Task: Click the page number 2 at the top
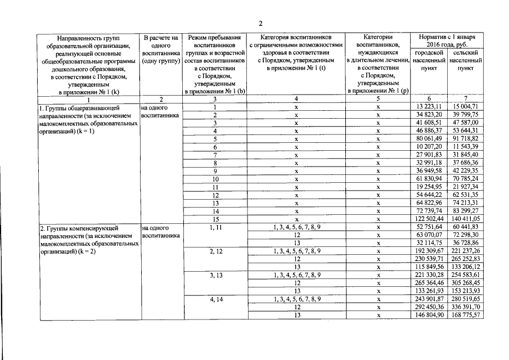(x=260, y=24)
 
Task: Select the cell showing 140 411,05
(x=464, y=218)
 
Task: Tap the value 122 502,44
(x=428, y=218)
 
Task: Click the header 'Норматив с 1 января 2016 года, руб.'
(x=447, y=40)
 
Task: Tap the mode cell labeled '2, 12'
(x=215, y=250)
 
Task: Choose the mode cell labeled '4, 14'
(x=215, y=299)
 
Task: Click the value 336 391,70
(x=464, y=307)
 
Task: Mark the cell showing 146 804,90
(x=428, y=316)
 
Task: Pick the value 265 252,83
(x=464, y=259)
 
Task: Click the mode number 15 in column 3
(x=215, y=218)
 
